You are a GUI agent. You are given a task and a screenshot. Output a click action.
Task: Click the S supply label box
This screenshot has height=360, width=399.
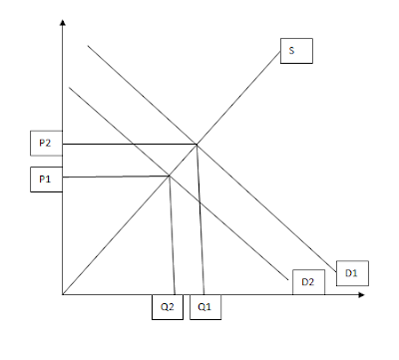296,51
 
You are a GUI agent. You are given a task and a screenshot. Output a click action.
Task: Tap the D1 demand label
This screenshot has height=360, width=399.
352,273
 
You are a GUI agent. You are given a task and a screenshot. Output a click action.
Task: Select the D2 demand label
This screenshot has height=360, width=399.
308,282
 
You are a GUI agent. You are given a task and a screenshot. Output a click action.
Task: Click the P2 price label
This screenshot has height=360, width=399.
46,143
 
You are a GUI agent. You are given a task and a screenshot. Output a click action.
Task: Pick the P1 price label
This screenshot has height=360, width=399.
46,180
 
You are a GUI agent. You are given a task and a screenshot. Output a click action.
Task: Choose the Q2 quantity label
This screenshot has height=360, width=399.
168,307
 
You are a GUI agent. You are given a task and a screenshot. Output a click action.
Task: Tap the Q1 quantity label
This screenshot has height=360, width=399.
205,307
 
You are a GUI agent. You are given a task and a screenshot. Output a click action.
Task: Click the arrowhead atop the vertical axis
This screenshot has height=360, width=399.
63,23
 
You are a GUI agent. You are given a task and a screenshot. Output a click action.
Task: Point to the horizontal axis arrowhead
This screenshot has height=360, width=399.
361,294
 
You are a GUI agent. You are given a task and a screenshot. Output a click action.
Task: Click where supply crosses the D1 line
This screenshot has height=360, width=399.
197,145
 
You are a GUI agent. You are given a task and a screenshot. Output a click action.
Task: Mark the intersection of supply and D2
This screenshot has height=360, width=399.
170,176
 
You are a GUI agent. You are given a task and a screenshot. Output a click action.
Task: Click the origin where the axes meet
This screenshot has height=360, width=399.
63,294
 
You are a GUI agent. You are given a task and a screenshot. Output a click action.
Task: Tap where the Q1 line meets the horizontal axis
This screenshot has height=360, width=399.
203,294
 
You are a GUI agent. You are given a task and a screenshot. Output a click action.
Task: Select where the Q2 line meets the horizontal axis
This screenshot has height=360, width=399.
175,294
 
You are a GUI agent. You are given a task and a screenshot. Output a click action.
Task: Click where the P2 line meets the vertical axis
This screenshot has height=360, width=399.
63,144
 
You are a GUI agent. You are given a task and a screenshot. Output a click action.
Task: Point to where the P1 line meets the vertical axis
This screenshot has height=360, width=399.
63,178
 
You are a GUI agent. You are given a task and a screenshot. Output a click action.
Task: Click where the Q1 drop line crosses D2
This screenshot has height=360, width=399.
199,202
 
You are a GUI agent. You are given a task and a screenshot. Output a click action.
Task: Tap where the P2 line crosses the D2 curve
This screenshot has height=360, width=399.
134,144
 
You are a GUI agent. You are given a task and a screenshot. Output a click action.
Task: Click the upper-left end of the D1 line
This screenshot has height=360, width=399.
88,46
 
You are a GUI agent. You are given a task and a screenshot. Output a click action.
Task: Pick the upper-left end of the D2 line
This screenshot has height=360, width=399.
69,87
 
